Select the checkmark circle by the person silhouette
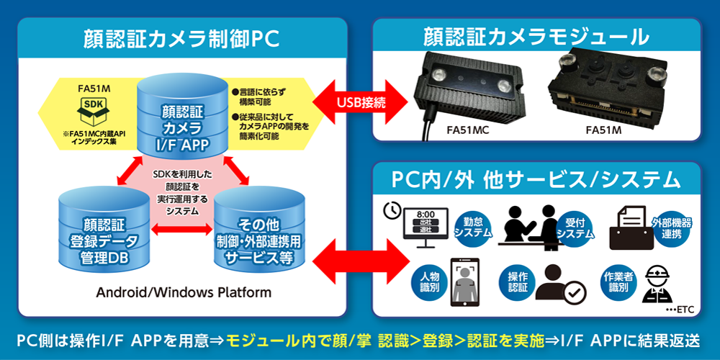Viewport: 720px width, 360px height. (576, 292)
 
